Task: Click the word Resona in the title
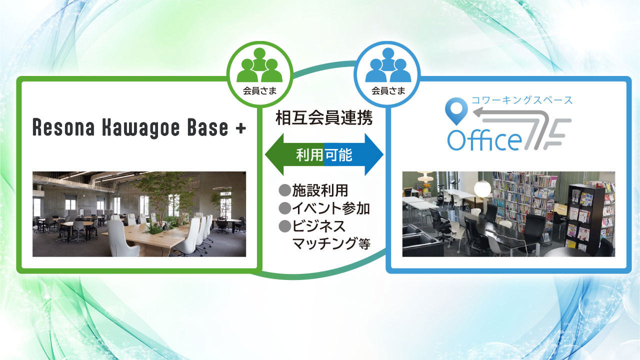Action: tap(63, 127)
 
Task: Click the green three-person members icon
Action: tap(259, 65)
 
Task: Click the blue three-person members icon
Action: tap(388, 65)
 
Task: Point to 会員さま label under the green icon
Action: tap(259, 91)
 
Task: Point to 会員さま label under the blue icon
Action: tap(388, 91)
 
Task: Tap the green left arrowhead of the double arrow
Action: tap(274, 154)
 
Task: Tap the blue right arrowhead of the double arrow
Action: tap(374, 154)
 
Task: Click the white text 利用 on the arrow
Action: tap(309, 155)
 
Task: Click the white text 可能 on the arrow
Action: tap(338, 155)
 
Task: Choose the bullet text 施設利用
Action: tap(319, 190)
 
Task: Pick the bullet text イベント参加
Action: tap(331, 208)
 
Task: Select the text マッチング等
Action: tap(331, 243)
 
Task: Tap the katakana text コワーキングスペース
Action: tap(522, 100)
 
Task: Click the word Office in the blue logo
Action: tap(484, 140)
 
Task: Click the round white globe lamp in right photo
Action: tap(482, 189)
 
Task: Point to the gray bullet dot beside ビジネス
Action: tap(284, 226)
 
